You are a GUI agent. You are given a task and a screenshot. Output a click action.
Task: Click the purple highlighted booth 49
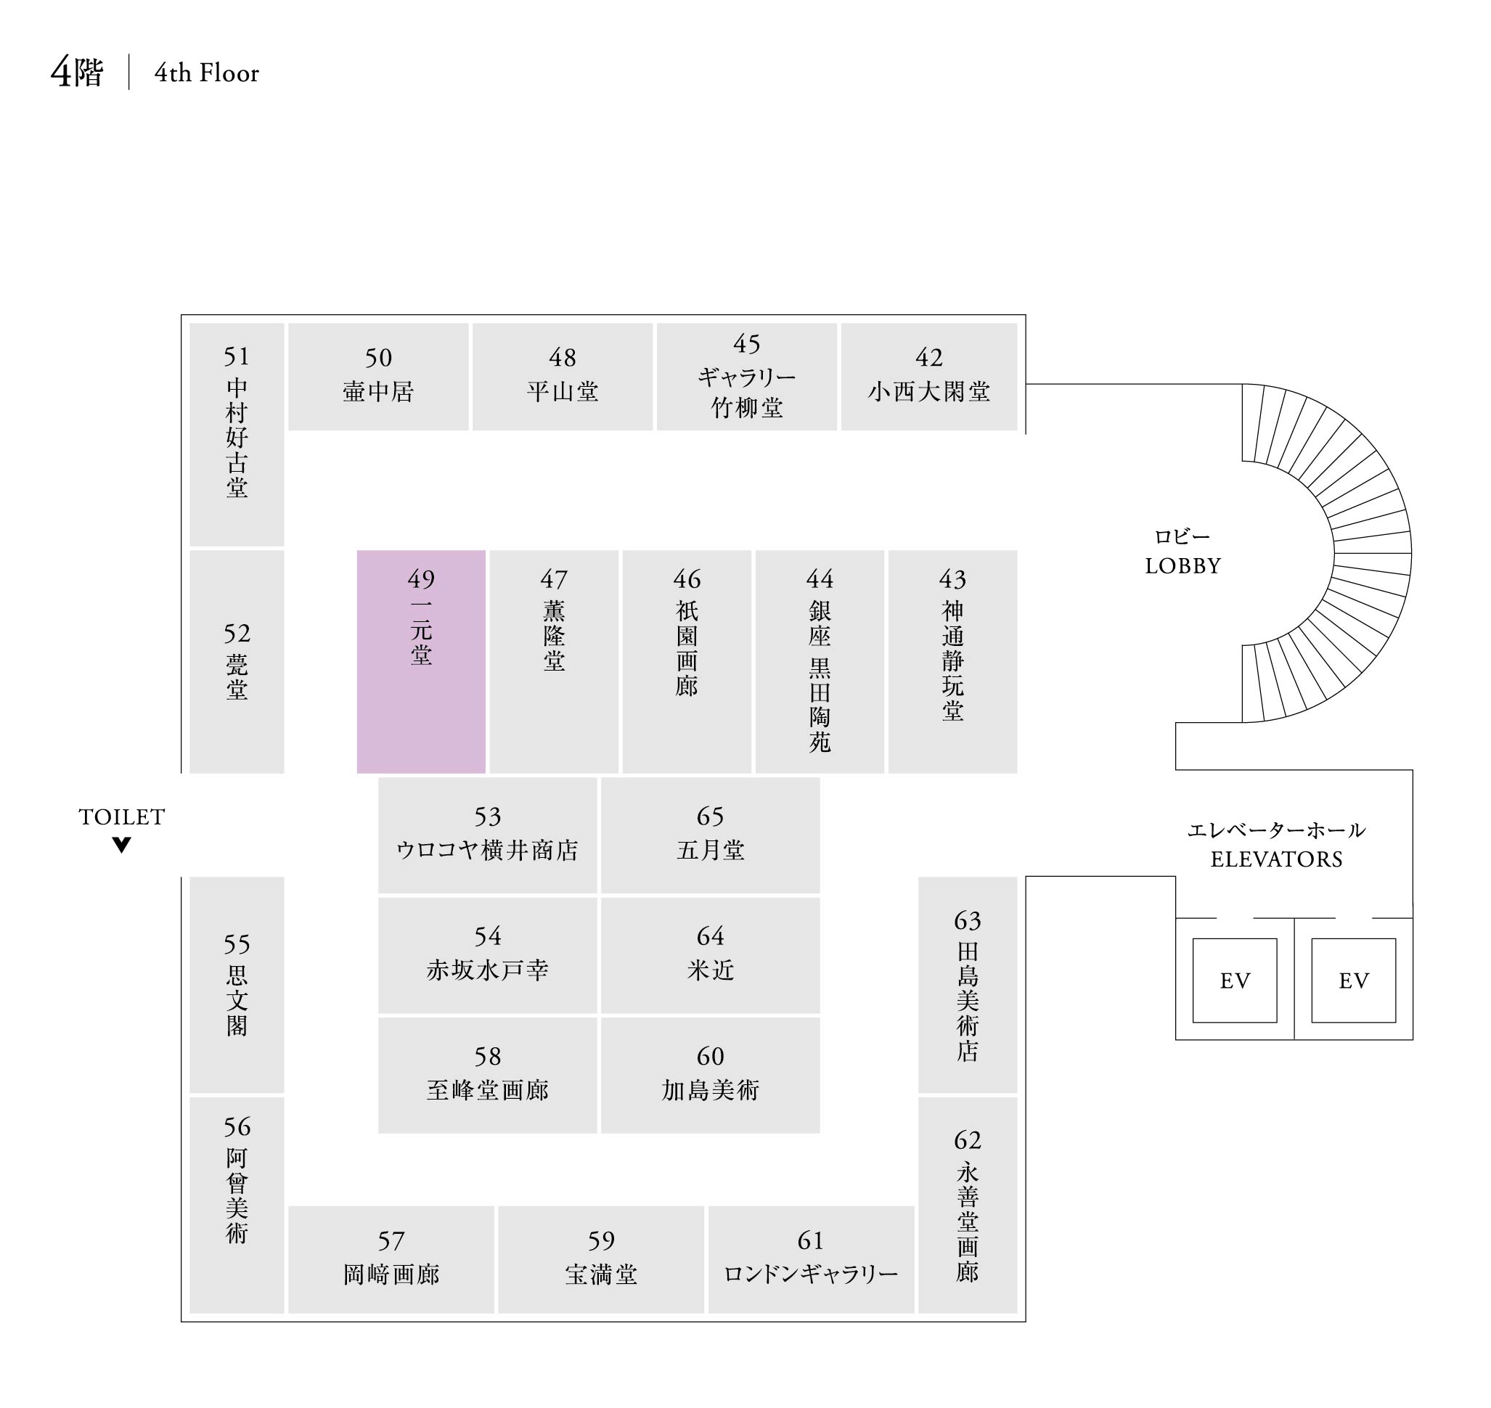click(420, 661)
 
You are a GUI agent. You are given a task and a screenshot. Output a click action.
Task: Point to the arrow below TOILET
click(122, 845)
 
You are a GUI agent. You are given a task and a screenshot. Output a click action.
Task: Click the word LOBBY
click(1182, 566)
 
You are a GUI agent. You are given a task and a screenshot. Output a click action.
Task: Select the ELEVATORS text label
click(1276, 859)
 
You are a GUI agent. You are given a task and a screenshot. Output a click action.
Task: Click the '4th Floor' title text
click(206, 73)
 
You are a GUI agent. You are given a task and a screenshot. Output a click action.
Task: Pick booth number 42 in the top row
click(928, 357)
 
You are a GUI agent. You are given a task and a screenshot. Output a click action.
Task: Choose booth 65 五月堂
click(710, 835)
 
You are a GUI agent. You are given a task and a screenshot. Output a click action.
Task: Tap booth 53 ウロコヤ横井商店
click(487, 835)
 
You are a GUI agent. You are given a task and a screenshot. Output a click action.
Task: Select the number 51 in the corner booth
click(237, 356)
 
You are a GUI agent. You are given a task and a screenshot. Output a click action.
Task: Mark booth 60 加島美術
click(710, 1075)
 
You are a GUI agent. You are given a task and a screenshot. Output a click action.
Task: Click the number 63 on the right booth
click(968, 920)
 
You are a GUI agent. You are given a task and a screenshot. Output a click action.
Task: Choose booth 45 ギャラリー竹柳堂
click(746, 376)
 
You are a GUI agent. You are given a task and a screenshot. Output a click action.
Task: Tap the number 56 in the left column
click(237, 1126)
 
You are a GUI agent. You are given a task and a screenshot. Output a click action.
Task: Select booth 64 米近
click(710, 954)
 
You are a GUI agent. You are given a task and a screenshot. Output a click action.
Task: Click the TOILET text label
click(122, 816)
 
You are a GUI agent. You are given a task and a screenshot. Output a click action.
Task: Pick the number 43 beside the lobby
click(952, 578)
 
